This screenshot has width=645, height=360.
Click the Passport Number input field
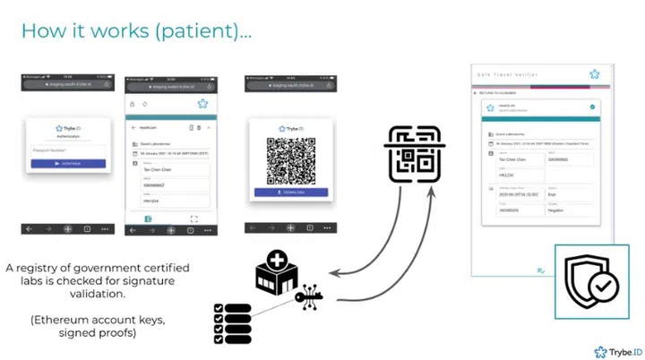coord(68,151)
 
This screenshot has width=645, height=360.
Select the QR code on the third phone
coord(291,162)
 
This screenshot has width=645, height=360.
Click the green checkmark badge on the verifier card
coord(592,107)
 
